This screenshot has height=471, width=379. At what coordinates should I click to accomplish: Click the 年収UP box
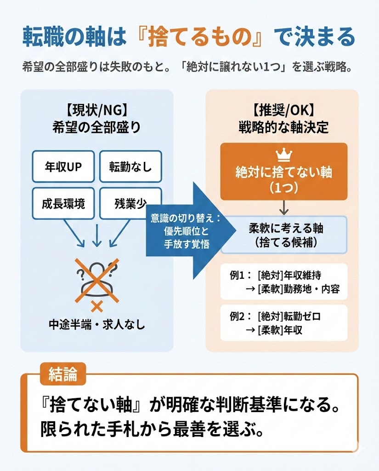coord(63,166)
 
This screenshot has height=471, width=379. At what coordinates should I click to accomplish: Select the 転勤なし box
coord(130,166)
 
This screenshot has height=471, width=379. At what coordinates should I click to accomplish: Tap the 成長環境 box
coord(63,203)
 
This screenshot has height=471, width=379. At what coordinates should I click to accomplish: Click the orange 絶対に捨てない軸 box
coord(283,172)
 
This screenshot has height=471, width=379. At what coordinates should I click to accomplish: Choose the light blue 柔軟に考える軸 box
coord(283,235)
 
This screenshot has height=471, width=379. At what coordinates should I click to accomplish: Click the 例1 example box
coord(283,282)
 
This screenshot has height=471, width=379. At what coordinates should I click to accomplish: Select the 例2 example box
coord(283,323)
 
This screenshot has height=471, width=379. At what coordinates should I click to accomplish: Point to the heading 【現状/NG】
coord(96,111)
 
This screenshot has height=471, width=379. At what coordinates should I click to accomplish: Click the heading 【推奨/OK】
coord(283,111)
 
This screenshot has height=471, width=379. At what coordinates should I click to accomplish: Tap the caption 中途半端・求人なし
coord(96,325)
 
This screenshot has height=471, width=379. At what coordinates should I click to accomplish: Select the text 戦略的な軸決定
coord(283,127)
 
